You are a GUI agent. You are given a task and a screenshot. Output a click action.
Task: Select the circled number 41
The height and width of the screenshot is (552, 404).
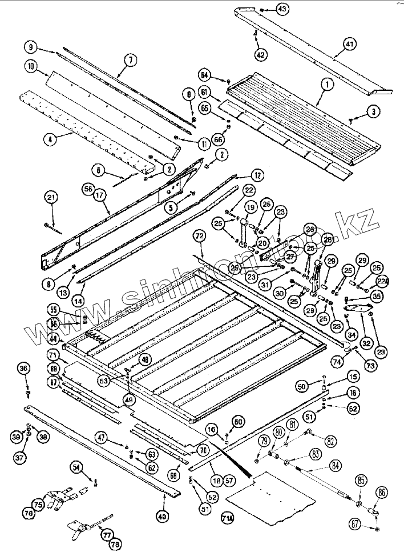click(x=349, y=43)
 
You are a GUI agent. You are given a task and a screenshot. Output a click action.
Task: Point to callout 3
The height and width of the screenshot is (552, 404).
click(x=372, y=111)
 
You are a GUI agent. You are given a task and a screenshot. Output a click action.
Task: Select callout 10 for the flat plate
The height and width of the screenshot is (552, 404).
click(x=32, y=66)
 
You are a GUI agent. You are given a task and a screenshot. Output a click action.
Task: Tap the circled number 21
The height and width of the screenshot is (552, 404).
click(x=51, y=198)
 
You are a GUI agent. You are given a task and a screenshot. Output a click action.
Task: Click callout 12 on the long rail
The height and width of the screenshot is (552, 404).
click(x=256, y=175)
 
